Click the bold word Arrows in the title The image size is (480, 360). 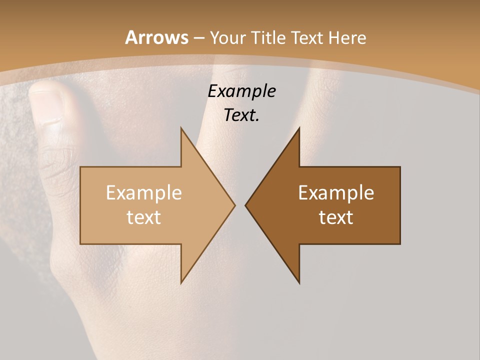157,37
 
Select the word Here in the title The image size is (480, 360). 347,37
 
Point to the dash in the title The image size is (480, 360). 198,38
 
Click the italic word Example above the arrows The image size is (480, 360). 241,91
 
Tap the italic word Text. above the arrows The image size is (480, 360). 241,115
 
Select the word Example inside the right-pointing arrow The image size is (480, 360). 144,192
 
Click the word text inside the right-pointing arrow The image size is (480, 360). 144,217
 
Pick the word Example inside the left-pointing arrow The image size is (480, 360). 336,192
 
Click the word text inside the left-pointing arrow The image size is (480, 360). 336,217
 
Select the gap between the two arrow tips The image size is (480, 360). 240,205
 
